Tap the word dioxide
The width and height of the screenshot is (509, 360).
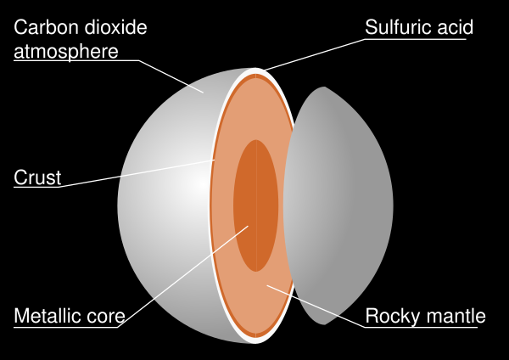[114, 27]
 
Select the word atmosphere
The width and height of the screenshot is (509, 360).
[66, 52]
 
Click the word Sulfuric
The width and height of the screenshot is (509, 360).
[398, 27]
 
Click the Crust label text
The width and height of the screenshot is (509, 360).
[37, 177]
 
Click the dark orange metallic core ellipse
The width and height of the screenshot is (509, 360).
[256, 205]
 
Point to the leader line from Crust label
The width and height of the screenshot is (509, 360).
[137, 173]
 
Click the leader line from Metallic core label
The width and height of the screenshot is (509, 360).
[182, 277]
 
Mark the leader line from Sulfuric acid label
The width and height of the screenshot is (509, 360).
[314, 54]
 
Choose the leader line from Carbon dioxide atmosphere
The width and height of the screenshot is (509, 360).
[171, 76]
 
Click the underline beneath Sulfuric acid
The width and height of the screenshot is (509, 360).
[416, 39]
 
